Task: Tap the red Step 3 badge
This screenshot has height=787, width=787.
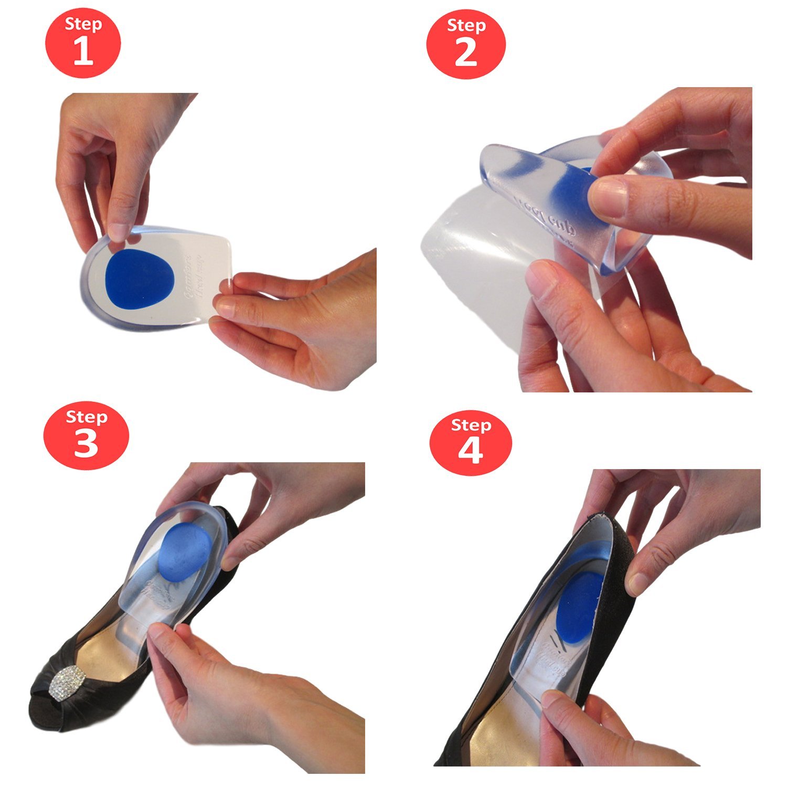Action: (86, 435)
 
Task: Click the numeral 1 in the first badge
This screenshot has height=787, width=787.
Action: (83, 52)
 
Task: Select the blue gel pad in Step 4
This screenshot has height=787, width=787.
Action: (580, 603)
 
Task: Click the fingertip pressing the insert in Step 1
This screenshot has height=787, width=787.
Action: (120, 231)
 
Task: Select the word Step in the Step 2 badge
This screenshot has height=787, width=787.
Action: (466, 26)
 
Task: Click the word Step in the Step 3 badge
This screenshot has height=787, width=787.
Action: (87, 417)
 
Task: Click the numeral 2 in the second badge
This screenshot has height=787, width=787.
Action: (465, 54)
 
